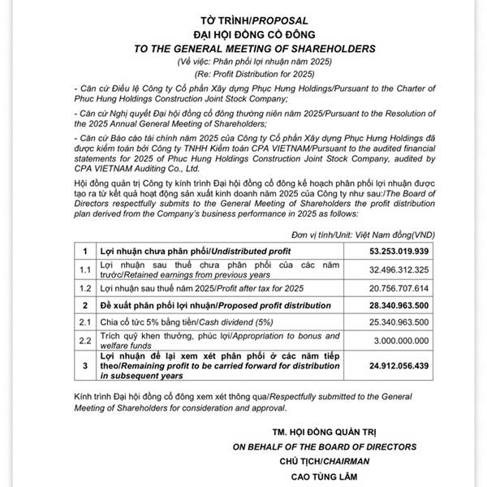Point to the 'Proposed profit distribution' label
click(258, 304)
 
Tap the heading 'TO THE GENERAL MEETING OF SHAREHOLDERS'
click(243, 47)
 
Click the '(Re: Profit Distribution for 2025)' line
click(243, 74)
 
